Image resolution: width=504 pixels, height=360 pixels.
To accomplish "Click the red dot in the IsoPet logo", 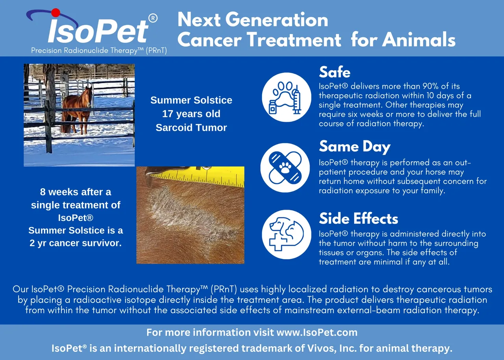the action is click(56, 13).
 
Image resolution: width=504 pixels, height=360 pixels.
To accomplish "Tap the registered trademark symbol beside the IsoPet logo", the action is click(153, 18).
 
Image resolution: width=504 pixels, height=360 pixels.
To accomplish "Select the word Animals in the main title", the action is click(419, 40).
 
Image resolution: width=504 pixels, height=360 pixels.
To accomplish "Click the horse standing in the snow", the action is click(77, 110).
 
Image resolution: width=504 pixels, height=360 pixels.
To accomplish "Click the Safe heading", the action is click(335, 72).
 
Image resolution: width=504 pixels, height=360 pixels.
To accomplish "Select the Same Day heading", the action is click(355, 147).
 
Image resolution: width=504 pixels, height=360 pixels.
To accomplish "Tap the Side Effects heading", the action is click(358, 219).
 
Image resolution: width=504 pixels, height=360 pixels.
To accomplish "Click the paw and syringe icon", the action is click(286, 97).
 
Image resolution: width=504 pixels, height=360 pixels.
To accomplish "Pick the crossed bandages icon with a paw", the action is click(285, 168).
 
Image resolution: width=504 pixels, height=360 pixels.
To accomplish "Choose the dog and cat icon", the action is click(286, 234).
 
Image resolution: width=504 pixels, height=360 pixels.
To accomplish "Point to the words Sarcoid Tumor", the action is click(191, 128).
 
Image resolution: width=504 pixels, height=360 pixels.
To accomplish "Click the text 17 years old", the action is click(191, 114).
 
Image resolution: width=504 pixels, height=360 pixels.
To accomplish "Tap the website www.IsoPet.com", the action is click(317, 332).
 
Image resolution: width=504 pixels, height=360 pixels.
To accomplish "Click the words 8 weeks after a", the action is click(76, 192).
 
